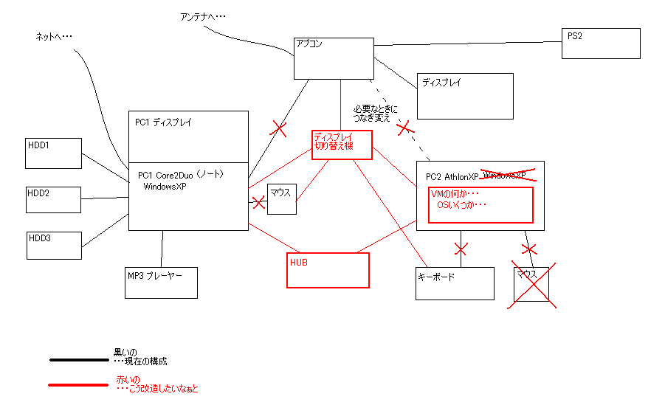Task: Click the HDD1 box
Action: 53,153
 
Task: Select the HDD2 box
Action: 53,199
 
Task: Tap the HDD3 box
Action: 53,245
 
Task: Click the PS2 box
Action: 600,44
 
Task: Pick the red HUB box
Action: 327,270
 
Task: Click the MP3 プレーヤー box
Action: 161,283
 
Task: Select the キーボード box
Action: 455,283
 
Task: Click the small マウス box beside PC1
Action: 281,199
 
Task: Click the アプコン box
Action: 332,58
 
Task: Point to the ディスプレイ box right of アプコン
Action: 464,96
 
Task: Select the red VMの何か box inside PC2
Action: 480,204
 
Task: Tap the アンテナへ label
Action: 203,16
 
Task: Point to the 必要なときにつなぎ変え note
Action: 376,112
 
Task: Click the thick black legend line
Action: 78,360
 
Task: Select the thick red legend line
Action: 78,384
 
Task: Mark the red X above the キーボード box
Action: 461,248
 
